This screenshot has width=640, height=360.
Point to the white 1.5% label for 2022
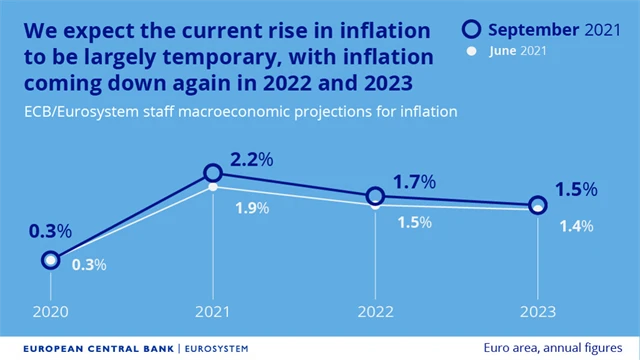(x=412, y=222)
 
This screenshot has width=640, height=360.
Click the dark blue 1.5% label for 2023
(x=576, y=189)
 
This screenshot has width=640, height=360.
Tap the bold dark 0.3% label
(x=50, y=231)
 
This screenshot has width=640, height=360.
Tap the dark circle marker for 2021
(x=212, y=174)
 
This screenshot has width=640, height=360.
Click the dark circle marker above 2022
(x=375, y=196)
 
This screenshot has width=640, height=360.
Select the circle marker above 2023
(x=538, y=205)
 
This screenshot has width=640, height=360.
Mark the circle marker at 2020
(x=50, y=260)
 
